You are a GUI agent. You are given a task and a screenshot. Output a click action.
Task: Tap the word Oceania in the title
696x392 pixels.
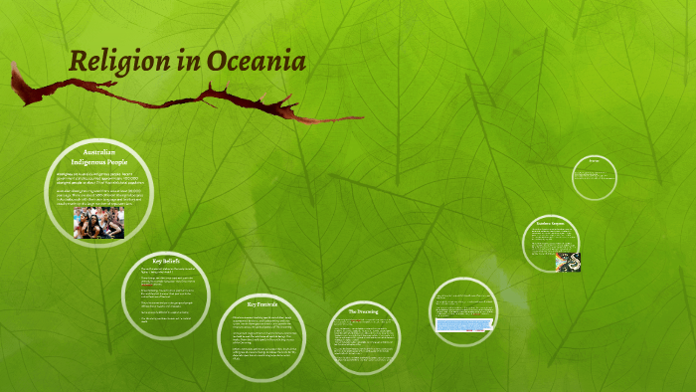[258, 62]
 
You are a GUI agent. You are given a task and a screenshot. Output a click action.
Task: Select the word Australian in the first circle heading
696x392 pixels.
[99, 151]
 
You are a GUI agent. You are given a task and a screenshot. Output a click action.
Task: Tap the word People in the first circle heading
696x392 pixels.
[117, 161]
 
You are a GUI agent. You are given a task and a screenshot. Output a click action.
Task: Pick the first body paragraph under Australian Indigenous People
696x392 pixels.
[98, 178]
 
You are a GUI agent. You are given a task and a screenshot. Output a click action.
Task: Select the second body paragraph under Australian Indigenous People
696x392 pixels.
[98, 198]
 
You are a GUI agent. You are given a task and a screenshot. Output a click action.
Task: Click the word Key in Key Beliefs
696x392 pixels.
[156, 260]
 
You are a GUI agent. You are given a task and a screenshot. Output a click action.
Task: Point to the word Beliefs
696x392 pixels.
[172, 260]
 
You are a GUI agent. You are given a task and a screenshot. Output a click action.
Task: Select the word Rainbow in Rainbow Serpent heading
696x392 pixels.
[543, 222]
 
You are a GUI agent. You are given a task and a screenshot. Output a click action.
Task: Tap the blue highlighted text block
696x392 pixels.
[462, 324]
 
